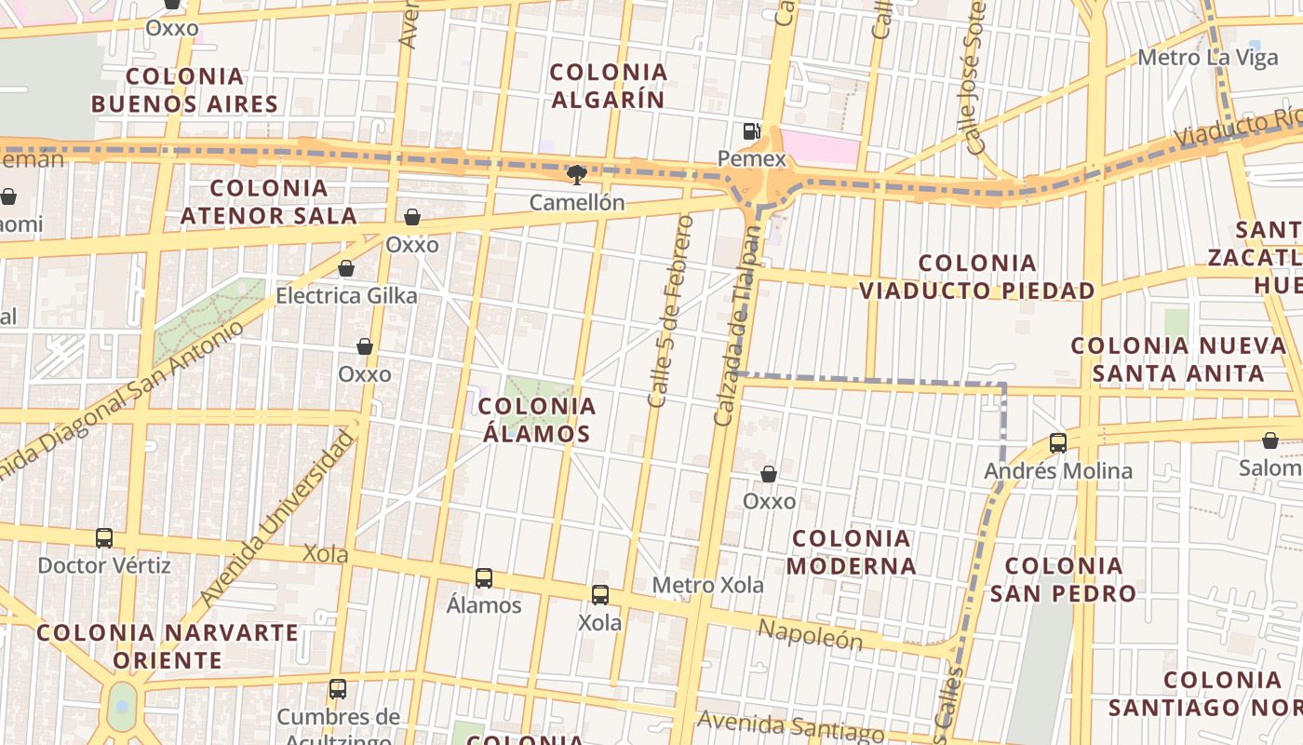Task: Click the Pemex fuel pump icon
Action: coord(751,131)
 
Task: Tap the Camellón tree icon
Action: coord(577,174)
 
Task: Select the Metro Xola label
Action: coord(707,585)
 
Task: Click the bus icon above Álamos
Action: coord(484,578)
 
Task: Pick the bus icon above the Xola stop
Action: coord(600,595)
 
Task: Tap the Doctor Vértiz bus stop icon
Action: coord(104,538)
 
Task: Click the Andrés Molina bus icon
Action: coord(1058,443)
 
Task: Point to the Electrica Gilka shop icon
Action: coord(346,269)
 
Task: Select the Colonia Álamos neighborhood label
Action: coord(537,420)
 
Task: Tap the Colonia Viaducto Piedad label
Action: coord(977,277)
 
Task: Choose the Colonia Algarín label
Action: coord(609,86)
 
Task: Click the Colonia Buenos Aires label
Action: coord(185,89)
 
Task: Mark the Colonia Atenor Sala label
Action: coord(269,202)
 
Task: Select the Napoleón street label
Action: coord(810,635)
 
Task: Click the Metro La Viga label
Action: coord(1195,58)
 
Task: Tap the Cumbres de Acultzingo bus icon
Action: coord(338,690)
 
